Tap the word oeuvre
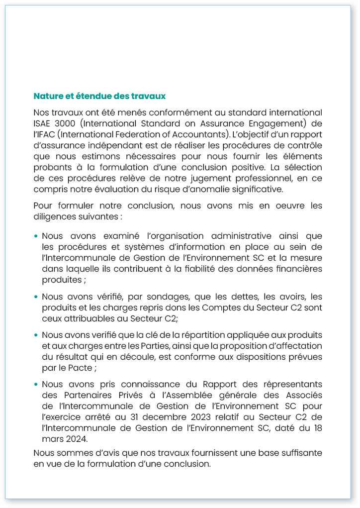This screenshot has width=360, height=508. coord(282,206)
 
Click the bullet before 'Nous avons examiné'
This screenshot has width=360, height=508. coord(36,236)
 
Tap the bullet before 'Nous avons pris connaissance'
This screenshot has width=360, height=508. coord(36,385)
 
